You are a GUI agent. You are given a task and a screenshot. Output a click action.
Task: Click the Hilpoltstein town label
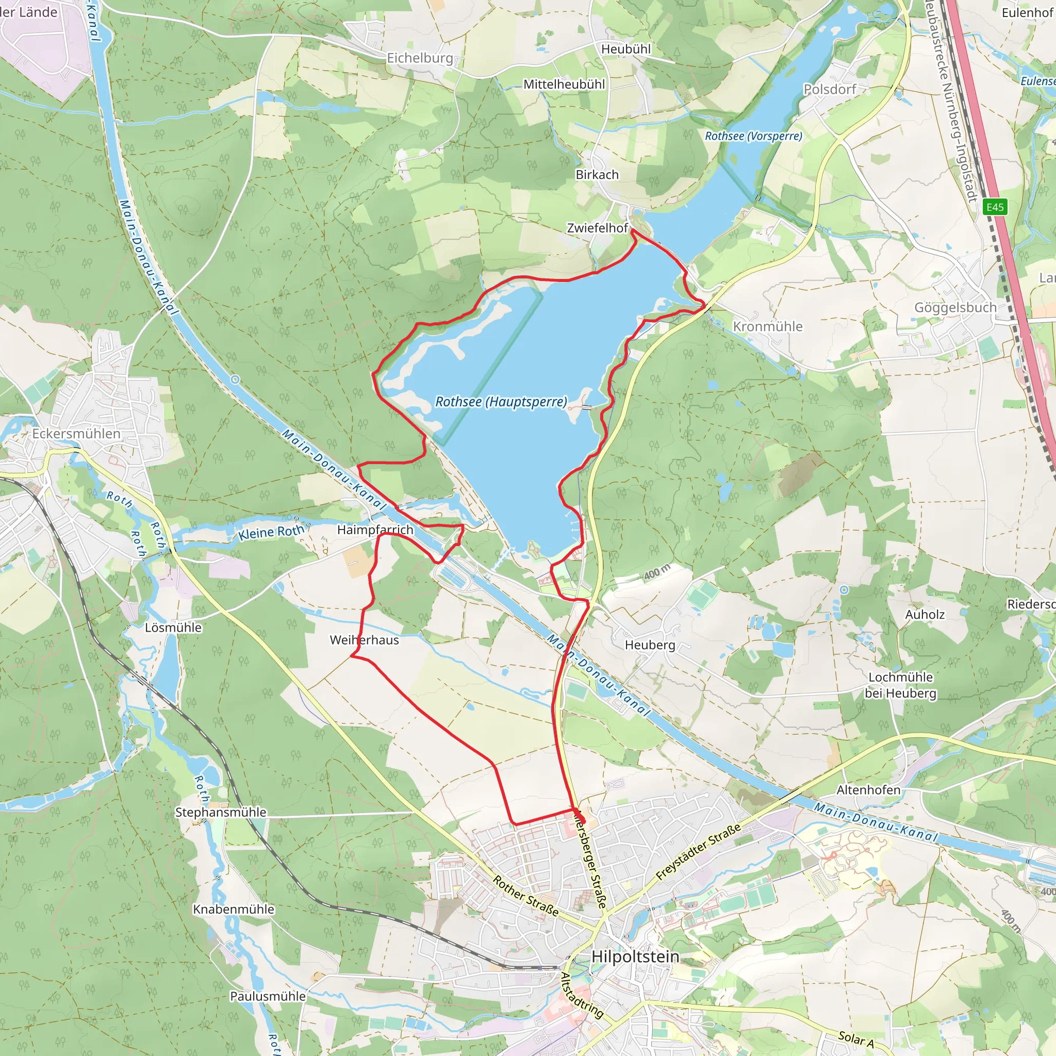636,956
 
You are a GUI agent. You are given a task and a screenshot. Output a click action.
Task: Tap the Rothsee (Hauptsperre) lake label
501,402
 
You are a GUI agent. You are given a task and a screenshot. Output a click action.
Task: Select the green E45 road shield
995,207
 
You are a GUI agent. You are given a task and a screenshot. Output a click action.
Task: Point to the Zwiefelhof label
597,228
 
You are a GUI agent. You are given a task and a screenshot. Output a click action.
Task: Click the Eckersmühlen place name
76,434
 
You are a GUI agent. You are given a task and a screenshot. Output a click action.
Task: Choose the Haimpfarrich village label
375,530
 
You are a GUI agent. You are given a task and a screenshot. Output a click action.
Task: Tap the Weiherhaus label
364,640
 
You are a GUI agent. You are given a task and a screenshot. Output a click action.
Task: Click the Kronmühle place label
767,326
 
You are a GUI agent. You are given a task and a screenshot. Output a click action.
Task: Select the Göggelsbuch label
955,307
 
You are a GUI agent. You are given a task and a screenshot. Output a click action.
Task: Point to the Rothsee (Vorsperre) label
753,136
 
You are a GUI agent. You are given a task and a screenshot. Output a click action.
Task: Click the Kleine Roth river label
271,532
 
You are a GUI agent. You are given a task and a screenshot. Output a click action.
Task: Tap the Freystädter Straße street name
699,852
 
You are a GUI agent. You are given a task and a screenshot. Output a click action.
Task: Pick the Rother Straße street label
526,896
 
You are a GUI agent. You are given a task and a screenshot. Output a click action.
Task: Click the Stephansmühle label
220,812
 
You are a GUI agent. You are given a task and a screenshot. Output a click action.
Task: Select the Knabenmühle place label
234,909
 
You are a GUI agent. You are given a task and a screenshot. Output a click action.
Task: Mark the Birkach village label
597,174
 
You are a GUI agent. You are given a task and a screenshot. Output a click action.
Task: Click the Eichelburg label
420,58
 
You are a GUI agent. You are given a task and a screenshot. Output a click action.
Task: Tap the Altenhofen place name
868,790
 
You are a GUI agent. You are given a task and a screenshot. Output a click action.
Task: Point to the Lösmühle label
173,628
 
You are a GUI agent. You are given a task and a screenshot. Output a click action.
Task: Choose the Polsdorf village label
830,89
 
